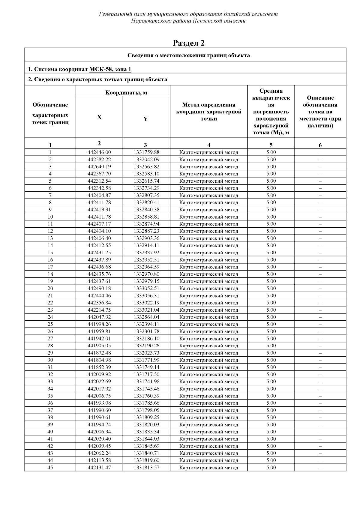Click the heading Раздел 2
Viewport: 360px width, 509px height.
pyautogui.click(x=189, y=43)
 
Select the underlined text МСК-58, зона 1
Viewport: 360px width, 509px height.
pyautogui.click(x=110, y=69)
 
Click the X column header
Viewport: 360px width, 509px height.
pyautogui.click(x=99, y=117)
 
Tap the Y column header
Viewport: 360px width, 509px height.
pyautogui.click(x=145, y=119)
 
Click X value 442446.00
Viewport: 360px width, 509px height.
pyautogui.click(x=99, y=152)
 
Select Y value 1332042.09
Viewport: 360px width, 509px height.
pyautogui.click(x=146, y=160)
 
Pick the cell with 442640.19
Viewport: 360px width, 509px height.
pyautogui.click(x=99, y=167)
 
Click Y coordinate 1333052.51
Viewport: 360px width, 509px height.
pyautogui.click(x=146, y=289)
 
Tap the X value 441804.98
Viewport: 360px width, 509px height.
pyautogui.click(x=99, y=360)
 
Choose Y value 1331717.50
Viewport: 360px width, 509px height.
pyautogui.click(x=146, y=375)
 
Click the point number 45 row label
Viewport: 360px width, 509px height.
pyautogui.click(x=50, y=468)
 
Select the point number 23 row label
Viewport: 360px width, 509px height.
pyautogui.click(x=50, y=310)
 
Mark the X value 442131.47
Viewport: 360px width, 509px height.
pyautogui.click(x=99, y=468)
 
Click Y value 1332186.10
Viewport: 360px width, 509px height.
pyautogui.click(x=146, y=339)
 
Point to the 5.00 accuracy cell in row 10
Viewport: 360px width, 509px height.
pyautogui.click(x=271, y=217)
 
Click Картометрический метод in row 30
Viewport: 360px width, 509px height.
pyautogui.click(x=209, y=360)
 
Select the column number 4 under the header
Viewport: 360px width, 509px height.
pyautogui.click(x=209, y=145)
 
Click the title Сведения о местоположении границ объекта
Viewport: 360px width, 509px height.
pyautogui.click(x=189, y=55)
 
